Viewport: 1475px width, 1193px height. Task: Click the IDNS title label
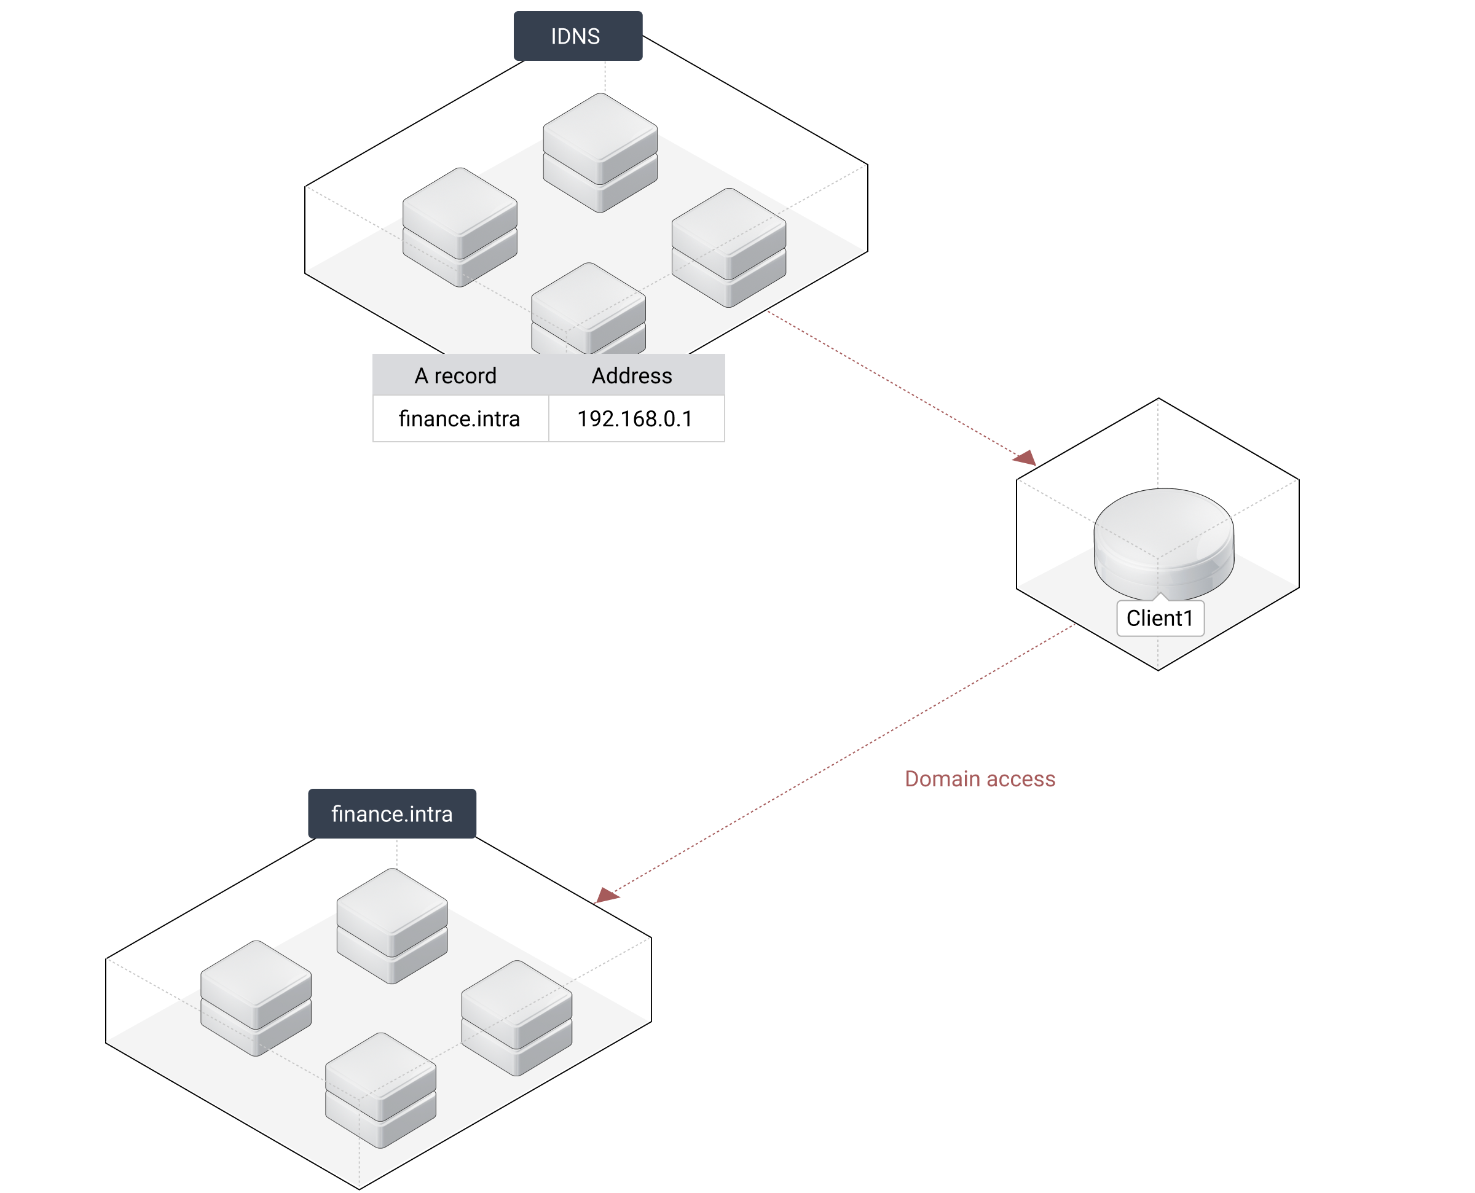point(577,36)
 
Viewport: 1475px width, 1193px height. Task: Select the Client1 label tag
point(1160,619)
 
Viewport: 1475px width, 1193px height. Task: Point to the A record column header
point(455,376)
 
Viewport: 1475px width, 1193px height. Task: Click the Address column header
point(632,376)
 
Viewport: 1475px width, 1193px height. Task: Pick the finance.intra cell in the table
point(460,418)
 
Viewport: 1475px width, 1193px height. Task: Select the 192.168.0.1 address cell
point(635,418)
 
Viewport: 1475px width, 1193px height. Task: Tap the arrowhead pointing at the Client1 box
point(1026,458)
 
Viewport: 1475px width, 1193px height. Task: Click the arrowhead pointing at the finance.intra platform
point(606,894)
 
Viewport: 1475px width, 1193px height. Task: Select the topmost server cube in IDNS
point(600,151)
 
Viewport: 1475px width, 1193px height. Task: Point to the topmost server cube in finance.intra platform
point(391,925)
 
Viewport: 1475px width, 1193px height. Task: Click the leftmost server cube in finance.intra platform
point(256,996)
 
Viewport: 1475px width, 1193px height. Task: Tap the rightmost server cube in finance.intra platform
point(516,1017)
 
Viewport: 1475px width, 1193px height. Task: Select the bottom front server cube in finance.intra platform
point(380,1089)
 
